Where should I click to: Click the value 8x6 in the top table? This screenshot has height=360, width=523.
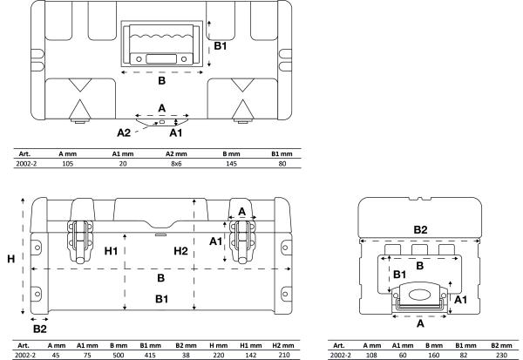[x=176, y=164]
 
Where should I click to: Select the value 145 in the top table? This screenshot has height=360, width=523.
[x=231, y=164]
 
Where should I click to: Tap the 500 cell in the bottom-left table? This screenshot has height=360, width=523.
[x=118, y=355]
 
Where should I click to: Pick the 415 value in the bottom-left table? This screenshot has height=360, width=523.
[x=150, y=355]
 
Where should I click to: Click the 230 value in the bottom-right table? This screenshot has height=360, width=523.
[x=501, y=355]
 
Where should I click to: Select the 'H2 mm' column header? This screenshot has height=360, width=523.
[x=283, y=346]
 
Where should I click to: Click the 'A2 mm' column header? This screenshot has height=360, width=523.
[x=176, y=153]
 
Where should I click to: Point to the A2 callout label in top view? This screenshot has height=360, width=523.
[x=124, y=132]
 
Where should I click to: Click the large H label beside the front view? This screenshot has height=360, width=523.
[x=11, y=259]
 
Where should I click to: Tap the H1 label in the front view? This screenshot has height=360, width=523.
[x=111, y=251]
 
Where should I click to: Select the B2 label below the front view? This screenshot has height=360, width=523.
[x=40, y=329]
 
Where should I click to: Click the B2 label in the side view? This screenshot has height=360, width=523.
[x=420, y=229]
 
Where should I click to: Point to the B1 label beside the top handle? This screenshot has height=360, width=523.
[x=221, y=46]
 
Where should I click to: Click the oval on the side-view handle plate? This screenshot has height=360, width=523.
[x=419, y=295]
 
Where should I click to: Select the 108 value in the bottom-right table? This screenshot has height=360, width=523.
[x=371, y=355]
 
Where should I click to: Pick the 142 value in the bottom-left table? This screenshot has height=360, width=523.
[x=250, y=355]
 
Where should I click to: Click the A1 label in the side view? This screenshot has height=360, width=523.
[x=460, y=300]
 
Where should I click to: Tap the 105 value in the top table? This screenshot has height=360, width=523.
[x=67, y=164]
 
